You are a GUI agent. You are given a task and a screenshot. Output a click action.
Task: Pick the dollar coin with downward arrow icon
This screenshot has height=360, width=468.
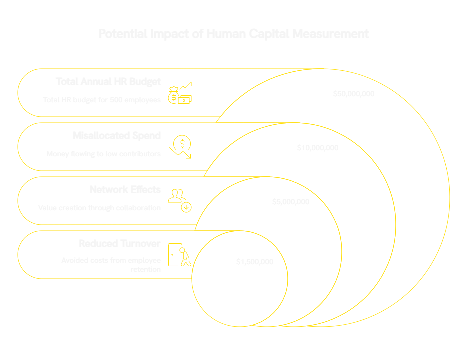pos(181,147)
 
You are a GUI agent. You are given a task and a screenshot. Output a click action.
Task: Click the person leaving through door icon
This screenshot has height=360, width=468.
pos(180,255)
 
